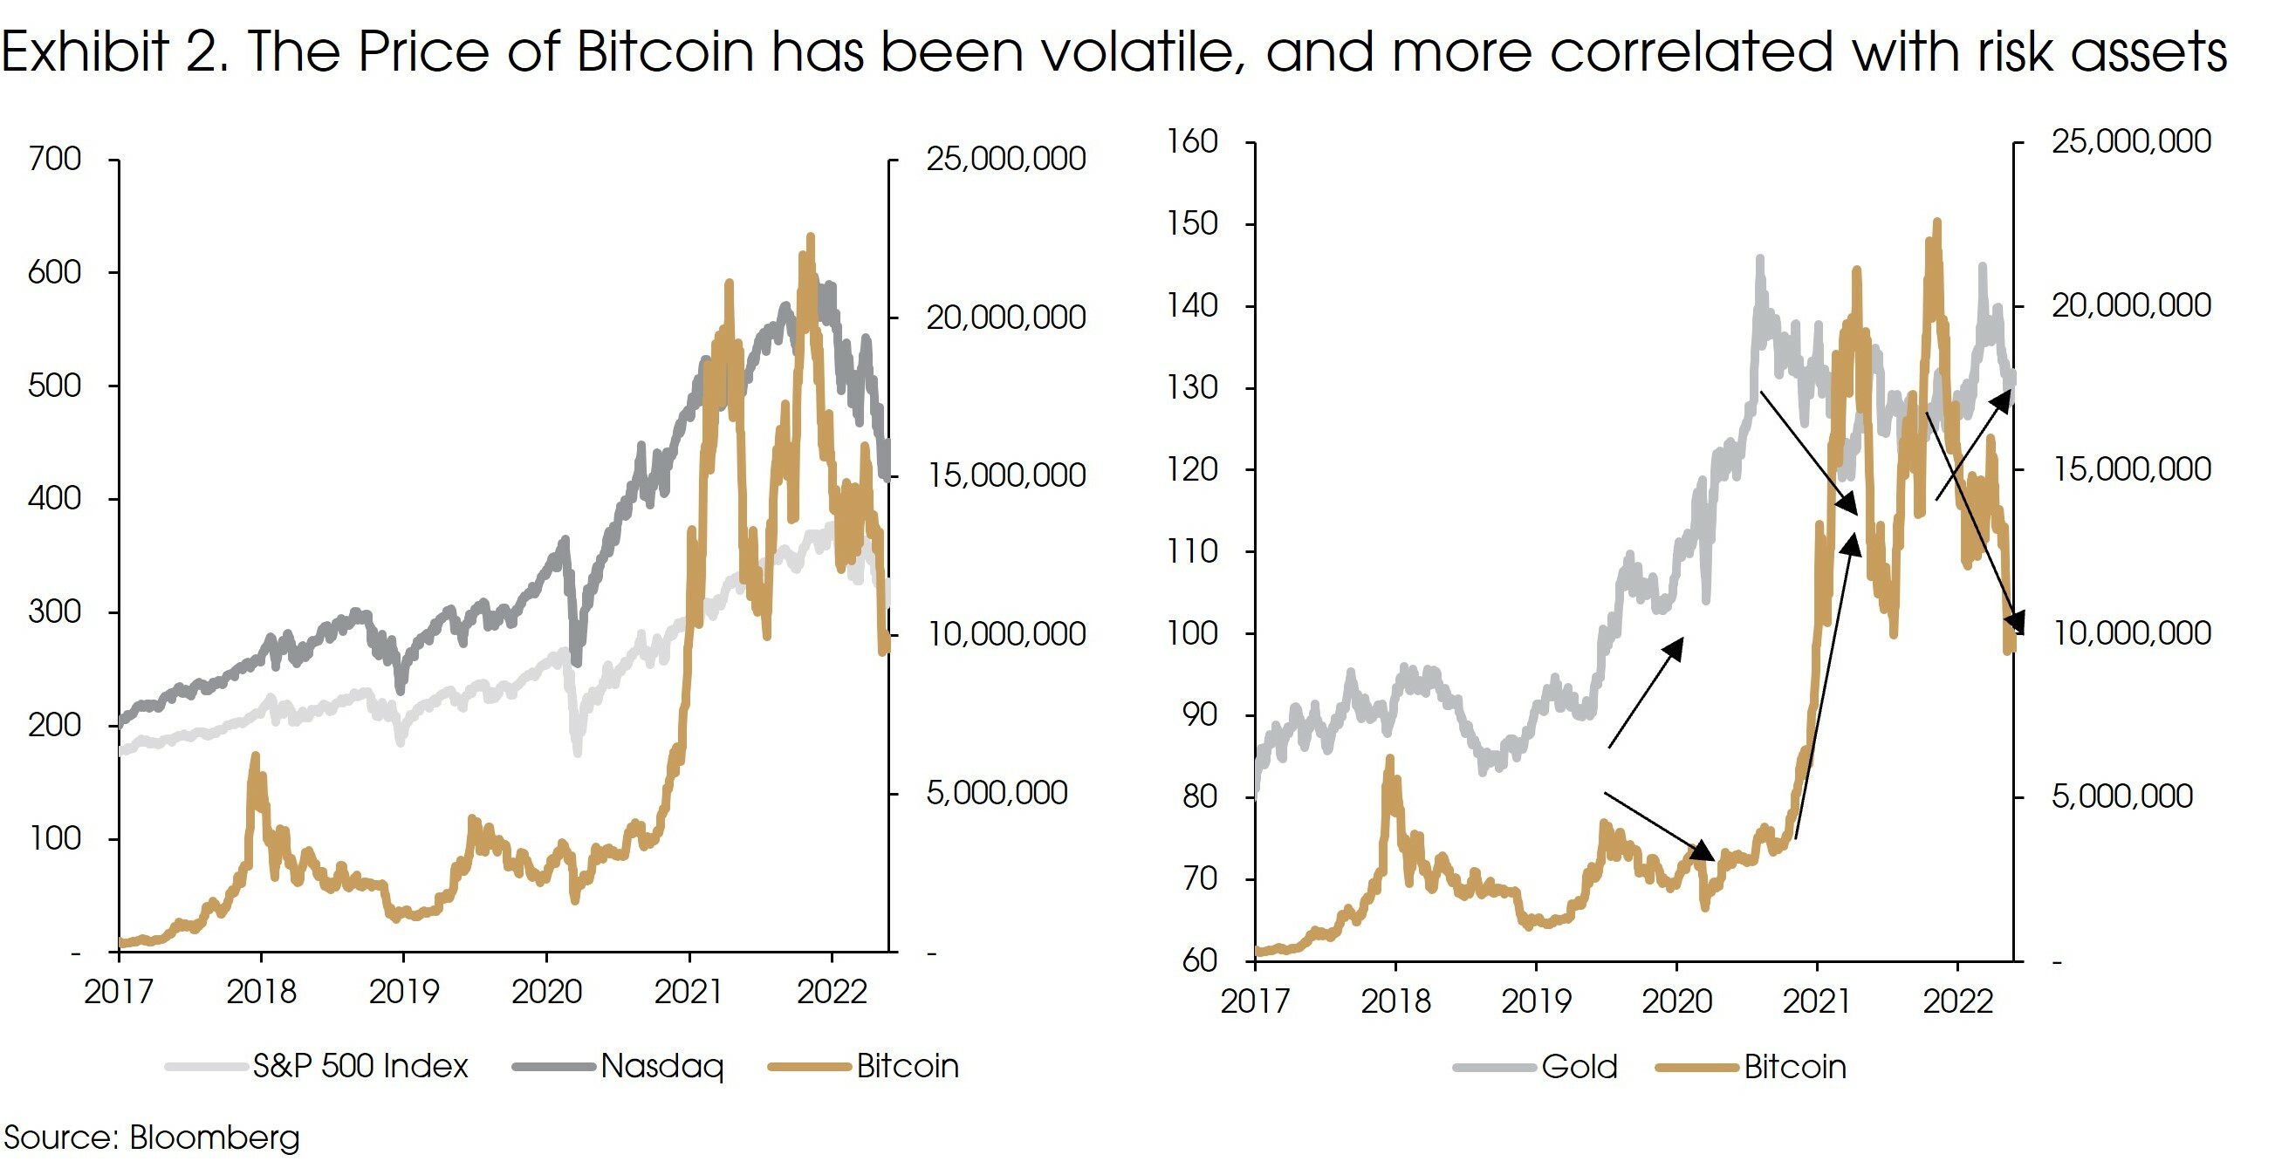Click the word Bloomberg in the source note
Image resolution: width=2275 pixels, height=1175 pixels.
tap(215, 1137)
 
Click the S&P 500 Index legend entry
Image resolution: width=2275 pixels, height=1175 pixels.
tap(360, 1067)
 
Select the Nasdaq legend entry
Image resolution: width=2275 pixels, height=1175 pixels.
tap(661, 1067)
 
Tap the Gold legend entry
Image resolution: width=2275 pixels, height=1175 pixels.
tap(1579, 1068)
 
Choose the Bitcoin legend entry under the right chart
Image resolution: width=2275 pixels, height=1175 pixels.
tap(1793, 1068)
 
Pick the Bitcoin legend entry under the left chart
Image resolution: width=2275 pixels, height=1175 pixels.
tap(907, 1067)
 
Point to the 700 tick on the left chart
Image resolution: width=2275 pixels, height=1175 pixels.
tap(55, 160)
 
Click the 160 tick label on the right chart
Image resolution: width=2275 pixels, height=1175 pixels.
tap(1192, 141)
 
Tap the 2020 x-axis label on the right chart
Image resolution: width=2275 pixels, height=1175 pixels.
tap(1676, 1001)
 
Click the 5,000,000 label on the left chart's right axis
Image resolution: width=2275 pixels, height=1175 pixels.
tap(997, 794)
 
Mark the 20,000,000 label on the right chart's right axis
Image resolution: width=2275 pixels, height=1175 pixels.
tap(2131, 305)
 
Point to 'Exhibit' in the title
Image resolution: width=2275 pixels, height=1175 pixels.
tap(85, 51)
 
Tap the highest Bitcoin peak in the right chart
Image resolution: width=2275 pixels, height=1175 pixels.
tap(1937, 223)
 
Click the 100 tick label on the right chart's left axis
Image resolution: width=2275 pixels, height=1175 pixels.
tap(1192, 633)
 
